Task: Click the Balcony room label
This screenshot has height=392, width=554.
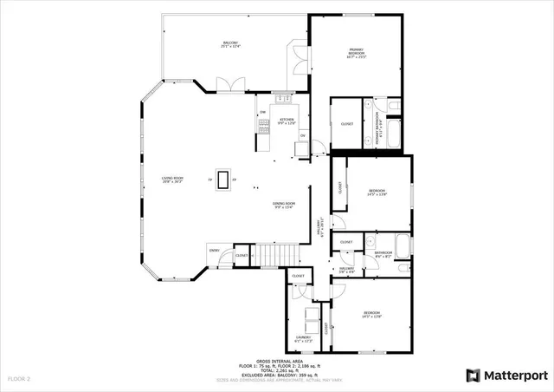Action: (229, 42)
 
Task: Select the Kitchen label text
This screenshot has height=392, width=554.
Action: (287, 121)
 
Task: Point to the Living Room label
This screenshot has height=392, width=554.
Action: (172, 180)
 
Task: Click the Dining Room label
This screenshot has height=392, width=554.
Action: (285, 205)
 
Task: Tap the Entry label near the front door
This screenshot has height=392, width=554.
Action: (213, 251)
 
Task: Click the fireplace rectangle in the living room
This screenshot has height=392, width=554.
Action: (224, 180)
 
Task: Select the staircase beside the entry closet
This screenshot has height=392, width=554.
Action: (278, 255)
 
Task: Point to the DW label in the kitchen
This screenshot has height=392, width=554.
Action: (261, 113)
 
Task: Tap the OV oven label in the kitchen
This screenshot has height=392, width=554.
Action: (302, 135)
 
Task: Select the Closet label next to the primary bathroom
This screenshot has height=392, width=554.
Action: (346, 124)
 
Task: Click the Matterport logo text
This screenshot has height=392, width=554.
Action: (515, 376)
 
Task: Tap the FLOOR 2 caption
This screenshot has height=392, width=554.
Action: (19, 379)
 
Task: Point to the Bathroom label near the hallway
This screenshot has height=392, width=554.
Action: (383, 253)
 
